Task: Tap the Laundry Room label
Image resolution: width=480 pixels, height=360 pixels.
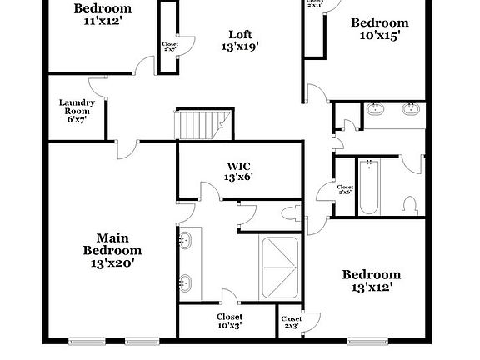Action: pyautogui.click(x=77, y=110)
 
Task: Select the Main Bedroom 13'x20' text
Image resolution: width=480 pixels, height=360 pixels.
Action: pyautogui.click(x=112, y=250)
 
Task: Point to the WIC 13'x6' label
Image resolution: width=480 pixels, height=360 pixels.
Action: pyautogui.click(x=239, y=171)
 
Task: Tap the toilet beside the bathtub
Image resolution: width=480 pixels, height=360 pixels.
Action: pyautogui.click(x=409, y=204)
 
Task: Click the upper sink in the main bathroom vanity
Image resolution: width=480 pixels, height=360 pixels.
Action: pyautogui.click(x=185, y=241)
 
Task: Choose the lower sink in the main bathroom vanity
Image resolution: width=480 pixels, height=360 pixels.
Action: pyautogui.click(x=185, y=282)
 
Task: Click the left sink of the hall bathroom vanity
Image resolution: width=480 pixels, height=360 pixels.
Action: pyautogui.click(x=376, y=108)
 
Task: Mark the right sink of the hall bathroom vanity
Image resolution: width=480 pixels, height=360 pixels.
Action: pyautogui.click(x=410, y=108)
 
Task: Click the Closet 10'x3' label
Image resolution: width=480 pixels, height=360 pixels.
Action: pyautogui.click(x=230, y=322)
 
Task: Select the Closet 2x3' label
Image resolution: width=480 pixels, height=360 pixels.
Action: pyautogui.click(x=291, y=322)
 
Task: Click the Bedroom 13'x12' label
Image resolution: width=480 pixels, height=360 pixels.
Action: pyautogui.click(x=371, y=280)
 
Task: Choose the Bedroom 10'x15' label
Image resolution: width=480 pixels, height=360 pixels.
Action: pyautogui.click(x=379, y=29)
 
